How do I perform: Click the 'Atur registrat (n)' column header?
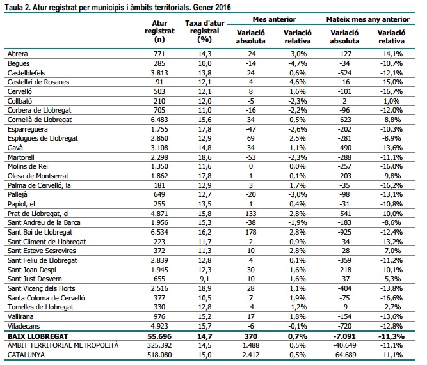pyautogui.click(x=155, y=31)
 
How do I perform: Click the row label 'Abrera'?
pyautogui.click(x=17, y=54)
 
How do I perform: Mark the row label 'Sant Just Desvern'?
pyautogui.click(x=33, y=278)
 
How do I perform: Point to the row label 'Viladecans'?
pyautogui.click(x=22, y=325)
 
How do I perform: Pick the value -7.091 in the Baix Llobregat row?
pyautogui.click(x=346, y=335)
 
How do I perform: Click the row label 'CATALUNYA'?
pyautogui.click(x=24, y=353)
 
